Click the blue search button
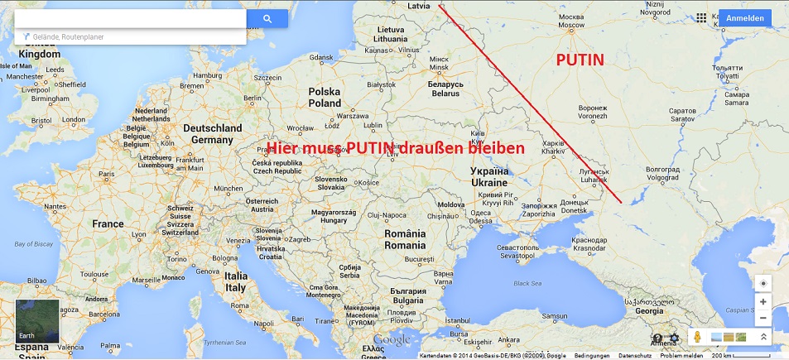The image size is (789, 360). pyautogui.click(x=267, y=18)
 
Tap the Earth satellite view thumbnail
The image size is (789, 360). pyautogui.click(x=37, y=321)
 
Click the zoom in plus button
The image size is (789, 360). pyautogui.click(x=763, y=302)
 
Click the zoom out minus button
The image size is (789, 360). pyautogui.click(x=763, y=318)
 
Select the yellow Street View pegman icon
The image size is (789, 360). pyautogui.click(x=698, y=337)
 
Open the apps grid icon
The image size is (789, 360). pyautogui.click(x=702, y=17)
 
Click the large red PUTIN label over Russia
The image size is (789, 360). pyautogui.click(x=580, y=60)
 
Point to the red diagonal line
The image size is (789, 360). pyautogui.click(x=530, y=103)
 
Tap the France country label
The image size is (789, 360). pyautogui.click(x=108, y=224)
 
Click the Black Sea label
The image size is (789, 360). pyautogui.click(x=527, y=283)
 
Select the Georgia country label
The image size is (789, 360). pyautogui.click(x=648, y=311)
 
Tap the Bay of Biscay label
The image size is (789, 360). pyautogui.click(x=32, y=244)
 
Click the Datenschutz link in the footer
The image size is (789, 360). pyautogui.click(x=635, y=356)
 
